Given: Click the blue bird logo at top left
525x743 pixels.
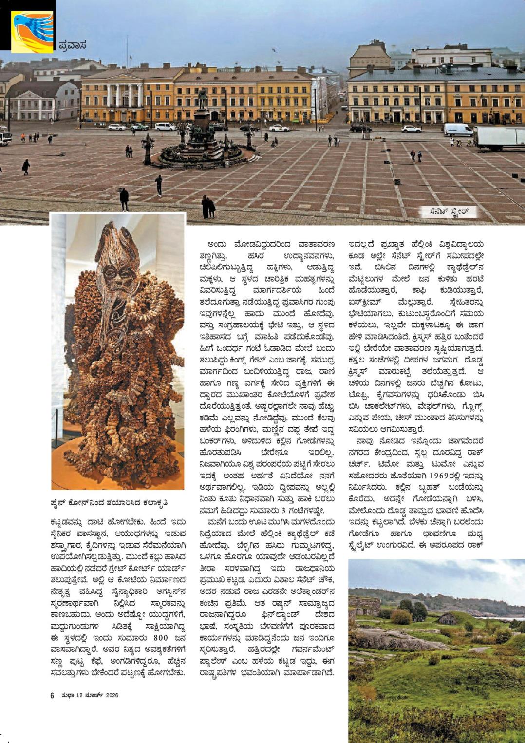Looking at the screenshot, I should (32, 31).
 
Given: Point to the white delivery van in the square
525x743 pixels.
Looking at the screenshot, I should (458, 130).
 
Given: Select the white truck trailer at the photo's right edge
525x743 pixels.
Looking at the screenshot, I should (499, 137).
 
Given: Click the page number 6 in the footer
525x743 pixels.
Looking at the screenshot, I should (52, 695).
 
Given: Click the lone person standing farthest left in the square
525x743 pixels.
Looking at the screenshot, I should (26, 167).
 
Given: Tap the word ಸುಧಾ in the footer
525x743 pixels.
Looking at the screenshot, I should (67, 695).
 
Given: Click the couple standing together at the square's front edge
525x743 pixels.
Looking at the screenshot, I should (208, 207).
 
